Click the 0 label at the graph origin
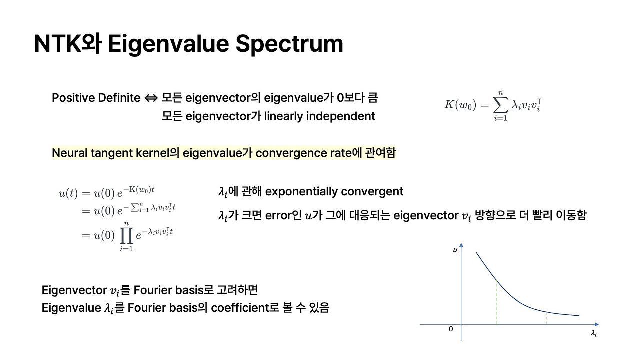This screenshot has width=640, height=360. pyautogui.click(x=451, y=329)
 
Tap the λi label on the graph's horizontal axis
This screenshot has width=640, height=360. pyautogui.click(x=593, y=333)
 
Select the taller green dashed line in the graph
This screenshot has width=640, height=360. pyautogui.click(x=496, y=302)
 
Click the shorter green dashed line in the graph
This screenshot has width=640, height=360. pyautogui.click(x=546, y=318)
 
